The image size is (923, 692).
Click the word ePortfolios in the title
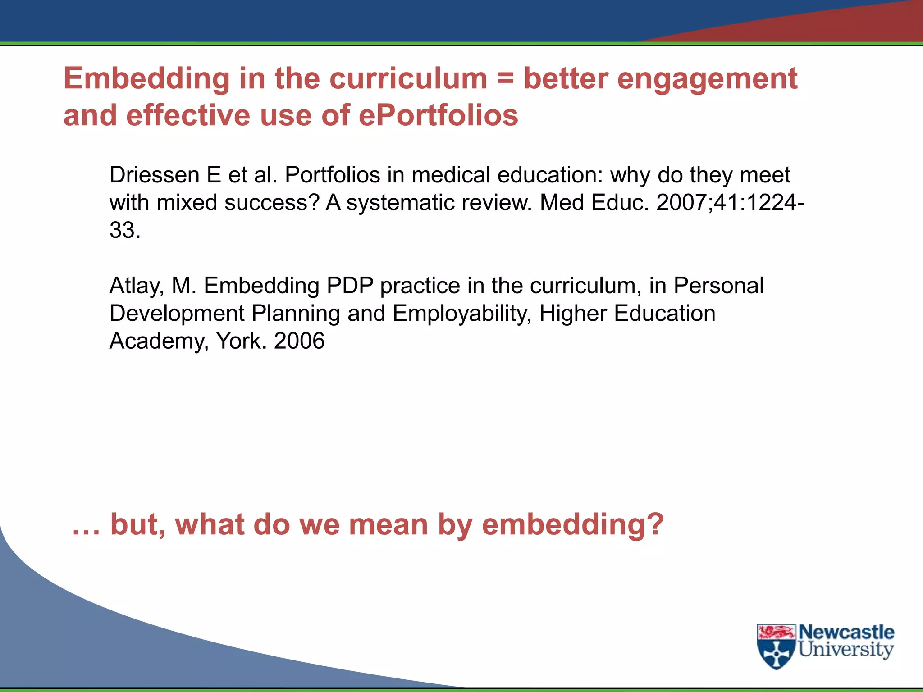pos(438,115)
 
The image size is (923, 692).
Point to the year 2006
pos(299,341)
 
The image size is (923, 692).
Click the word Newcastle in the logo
pos(846,632)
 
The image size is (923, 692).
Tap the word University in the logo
pos(846,650)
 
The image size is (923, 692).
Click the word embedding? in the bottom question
pos(572,525)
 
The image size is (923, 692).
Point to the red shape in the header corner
pos(834,23)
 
